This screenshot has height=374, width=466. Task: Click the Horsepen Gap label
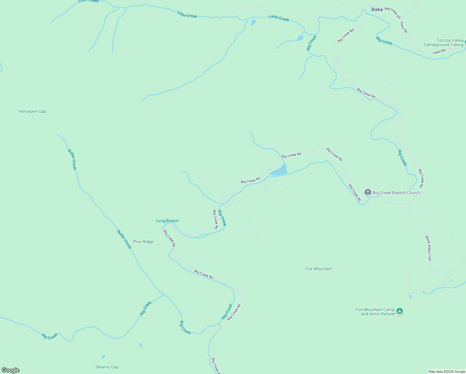[x=32, y=112]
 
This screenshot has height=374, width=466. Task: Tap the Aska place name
[x=377, y=9]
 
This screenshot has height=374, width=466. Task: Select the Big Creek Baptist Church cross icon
[x=368, y=192]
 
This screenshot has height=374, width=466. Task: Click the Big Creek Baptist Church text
[x=396, y=193]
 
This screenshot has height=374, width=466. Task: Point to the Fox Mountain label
[x=319, y=269]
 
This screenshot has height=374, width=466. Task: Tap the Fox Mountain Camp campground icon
[x=400, y=311]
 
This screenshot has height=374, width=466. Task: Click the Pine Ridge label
[x=143, y=242]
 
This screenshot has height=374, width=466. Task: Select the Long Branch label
[x=167, y=221]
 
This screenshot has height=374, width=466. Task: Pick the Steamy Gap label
[x=107, y=367]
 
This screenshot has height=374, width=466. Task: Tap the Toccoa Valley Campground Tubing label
[x=444, y=43]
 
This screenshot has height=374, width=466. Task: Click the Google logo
[x=11, y=370]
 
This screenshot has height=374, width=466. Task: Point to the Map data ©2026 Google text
[x=447, y=372]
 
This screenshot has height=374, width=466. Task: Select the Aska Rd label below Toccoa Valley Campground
[x=439, y=52]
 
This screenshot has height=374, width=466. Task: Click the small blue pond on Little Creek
[x=253, y=22]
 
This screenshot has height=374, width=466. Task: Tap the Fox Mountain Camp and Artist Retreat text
[x=375, y=312]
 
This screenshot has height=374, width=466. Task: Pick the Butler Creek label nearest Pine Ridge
[x=124, y=239]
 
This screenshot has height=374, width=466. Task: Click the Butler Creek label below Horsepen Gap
[x=72, y=159]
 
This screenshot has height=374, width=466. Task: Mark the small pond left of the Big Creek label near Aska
[x=300, y=38]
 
